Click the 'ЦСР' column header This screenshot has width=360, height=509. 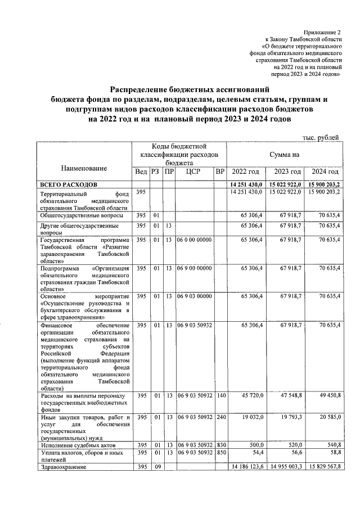click(x=192, y=172)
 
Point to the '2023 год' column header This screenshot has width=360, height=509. click(x=287, y=172)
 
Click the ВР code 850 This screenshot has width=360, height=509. click(x=220, y=452)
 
